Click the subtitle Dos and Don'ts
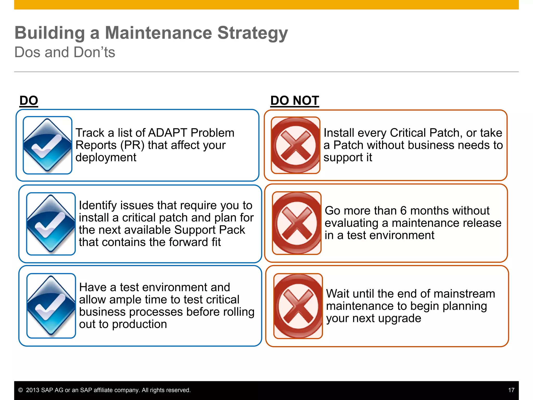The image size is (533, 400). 65,52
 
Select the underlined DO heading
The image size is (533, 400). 29,101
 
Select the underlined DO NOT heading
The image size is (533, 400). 294,101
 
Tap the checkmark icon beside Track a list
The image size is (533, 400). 47,145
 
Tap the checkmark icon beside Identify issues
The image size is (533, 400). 51,224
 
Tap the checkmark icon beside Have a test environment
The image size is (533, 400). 51,306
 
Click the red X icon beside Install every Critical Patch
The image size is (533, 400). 295,145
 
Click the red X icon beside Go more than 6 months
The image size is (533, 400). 297,223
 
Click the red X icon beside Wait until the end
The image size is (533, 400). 298,306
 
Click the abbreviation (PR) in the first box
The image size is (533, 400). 132,145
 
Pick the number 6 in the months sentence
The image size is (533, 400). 403,210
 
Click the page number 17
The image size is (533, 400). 511,390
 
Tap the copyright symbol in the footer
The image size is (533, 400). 21,390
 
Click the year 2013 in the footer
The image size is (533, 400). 33,390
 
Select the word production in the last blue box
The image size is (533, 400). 139,324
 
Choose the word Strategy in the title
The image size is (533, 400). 252,33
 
